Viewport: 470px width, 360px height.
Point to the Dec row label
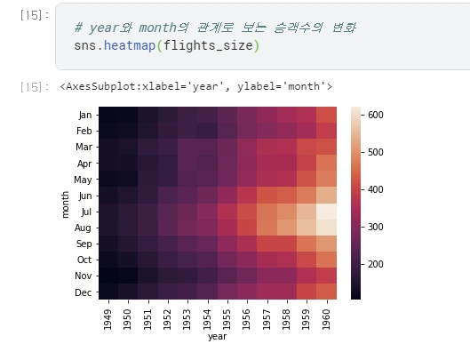coord(83,292)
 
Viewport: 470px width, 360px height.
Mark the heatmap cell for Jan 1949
coord(108,115)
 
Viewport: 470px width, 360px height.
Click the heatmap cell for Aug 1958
coord(287,228)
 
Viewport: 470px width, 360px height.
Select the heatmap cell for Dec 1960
coord(327,292)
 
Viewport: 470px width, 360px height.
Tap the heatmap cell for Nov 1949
coord(108,276)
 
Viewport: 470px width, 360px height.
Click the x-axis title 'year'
coord(218,337)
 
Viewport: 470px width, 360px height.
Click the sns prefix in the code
coord(86,45)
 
